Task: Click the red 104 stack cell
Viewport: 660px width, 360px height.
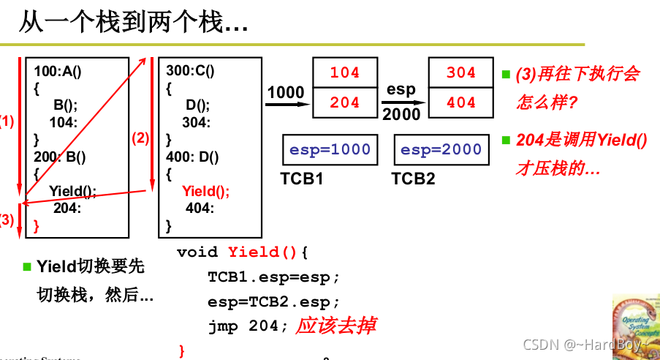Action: [x=345, y=73]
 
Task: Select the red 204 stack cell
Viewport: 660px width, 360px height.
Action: [x=345, y=103]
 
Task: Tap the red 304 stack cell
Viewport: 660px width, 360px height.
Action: [x=460, y=73]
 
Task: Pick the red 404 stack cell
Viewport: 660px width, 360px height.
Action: [x=460, y=103]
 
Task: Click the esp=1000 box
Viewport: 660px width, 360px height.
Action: [x=330, y=150]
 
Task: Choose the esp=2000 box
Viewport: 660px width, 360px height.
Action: [x=441, y=150]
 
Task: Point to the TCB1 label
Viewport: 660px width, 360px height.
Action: [x=302, y=179]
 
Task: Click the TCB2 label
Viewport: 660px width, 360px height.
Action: [x=414, y=179]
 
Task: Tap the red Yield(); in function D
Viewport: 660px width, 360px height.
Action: [x=205, y=191]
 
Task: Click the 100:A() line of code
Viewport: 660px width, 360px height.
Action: [x=58, y=71]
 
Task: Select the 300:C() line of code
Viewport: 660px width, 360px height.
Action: [x=191, y=71]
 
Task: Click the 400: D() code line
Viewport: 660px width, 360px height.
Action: [x=193, y=156]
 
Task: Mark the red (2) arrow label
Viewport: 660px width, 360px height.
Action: [x=140, y=138]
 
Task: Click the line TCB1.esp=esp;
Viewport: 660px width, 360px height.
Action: [x=274, y=277]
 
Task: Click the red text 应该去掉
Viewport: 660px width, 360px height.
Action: [x=335, y=326]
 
